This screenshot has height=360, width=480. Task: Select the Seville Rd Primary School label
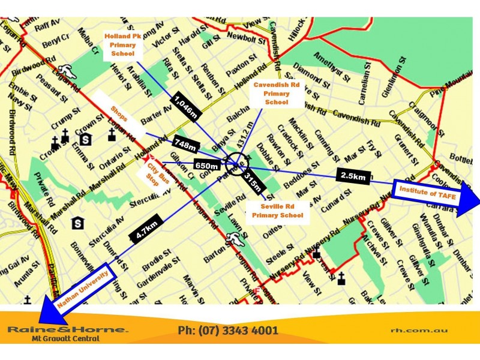coord(277,211)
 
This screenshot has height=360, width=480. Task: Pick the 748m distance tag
coord(185,144)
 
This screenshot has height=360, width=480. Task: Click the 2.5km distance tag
coord(353,176)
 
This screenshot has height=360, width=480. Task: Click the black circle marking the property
coord(235,161)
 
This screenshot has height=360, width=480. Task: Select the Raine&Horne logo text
coord(67,329)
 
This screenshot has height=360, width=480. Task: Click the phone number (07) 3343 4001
coord(228,331)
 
